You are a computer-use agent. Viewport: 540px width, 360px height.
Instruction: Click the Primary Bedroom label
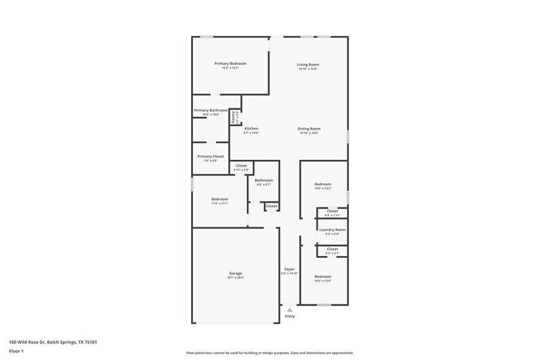tap(230, 64)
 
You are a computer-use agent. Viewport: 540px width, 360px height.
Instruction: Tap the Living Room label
tap(308, 64)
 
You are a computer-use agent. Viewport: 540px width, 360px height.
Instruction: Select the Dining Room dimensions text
tap(309, 133)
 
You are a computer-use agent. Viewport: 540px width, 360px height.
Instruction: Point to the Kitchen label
tap(251, 129)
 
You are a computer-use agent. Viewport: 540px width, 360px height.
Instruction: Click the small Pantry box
tap(233, 116)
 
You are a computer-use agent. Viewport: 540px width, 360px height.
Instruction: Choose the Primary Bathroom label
tap(211, 110)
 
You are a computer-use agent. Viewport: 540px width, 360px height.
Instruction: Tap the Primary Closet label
tap(210, 156)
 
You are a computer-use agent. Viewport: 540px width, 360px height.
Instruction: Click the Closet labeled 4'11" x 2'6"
tap(241, 165)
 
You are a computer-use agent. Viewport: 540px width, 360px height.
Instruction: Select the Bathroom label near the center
tap(264, 180)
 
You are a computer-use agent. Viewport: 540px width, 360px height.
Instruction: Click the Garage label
tap(236, 273)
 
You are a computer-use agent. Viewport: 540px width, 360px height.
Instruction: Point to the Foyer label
tap(290, 269)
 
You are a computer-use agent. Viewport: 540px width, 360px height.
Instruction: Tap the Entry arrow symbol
tap(290, 310)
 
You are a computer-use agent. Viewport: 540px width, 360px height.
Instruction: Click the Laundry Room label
tap(332, 230)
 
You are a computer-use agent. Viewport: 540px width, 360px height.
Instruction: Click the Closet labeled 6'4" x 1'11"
tap(332, 211)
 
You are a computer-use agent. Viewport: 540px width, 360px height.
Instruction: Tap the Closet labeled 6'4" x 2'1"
tap(332, 249)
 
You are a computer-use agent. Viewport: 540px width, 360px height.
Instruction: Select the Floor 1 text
tap(16, 351)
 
